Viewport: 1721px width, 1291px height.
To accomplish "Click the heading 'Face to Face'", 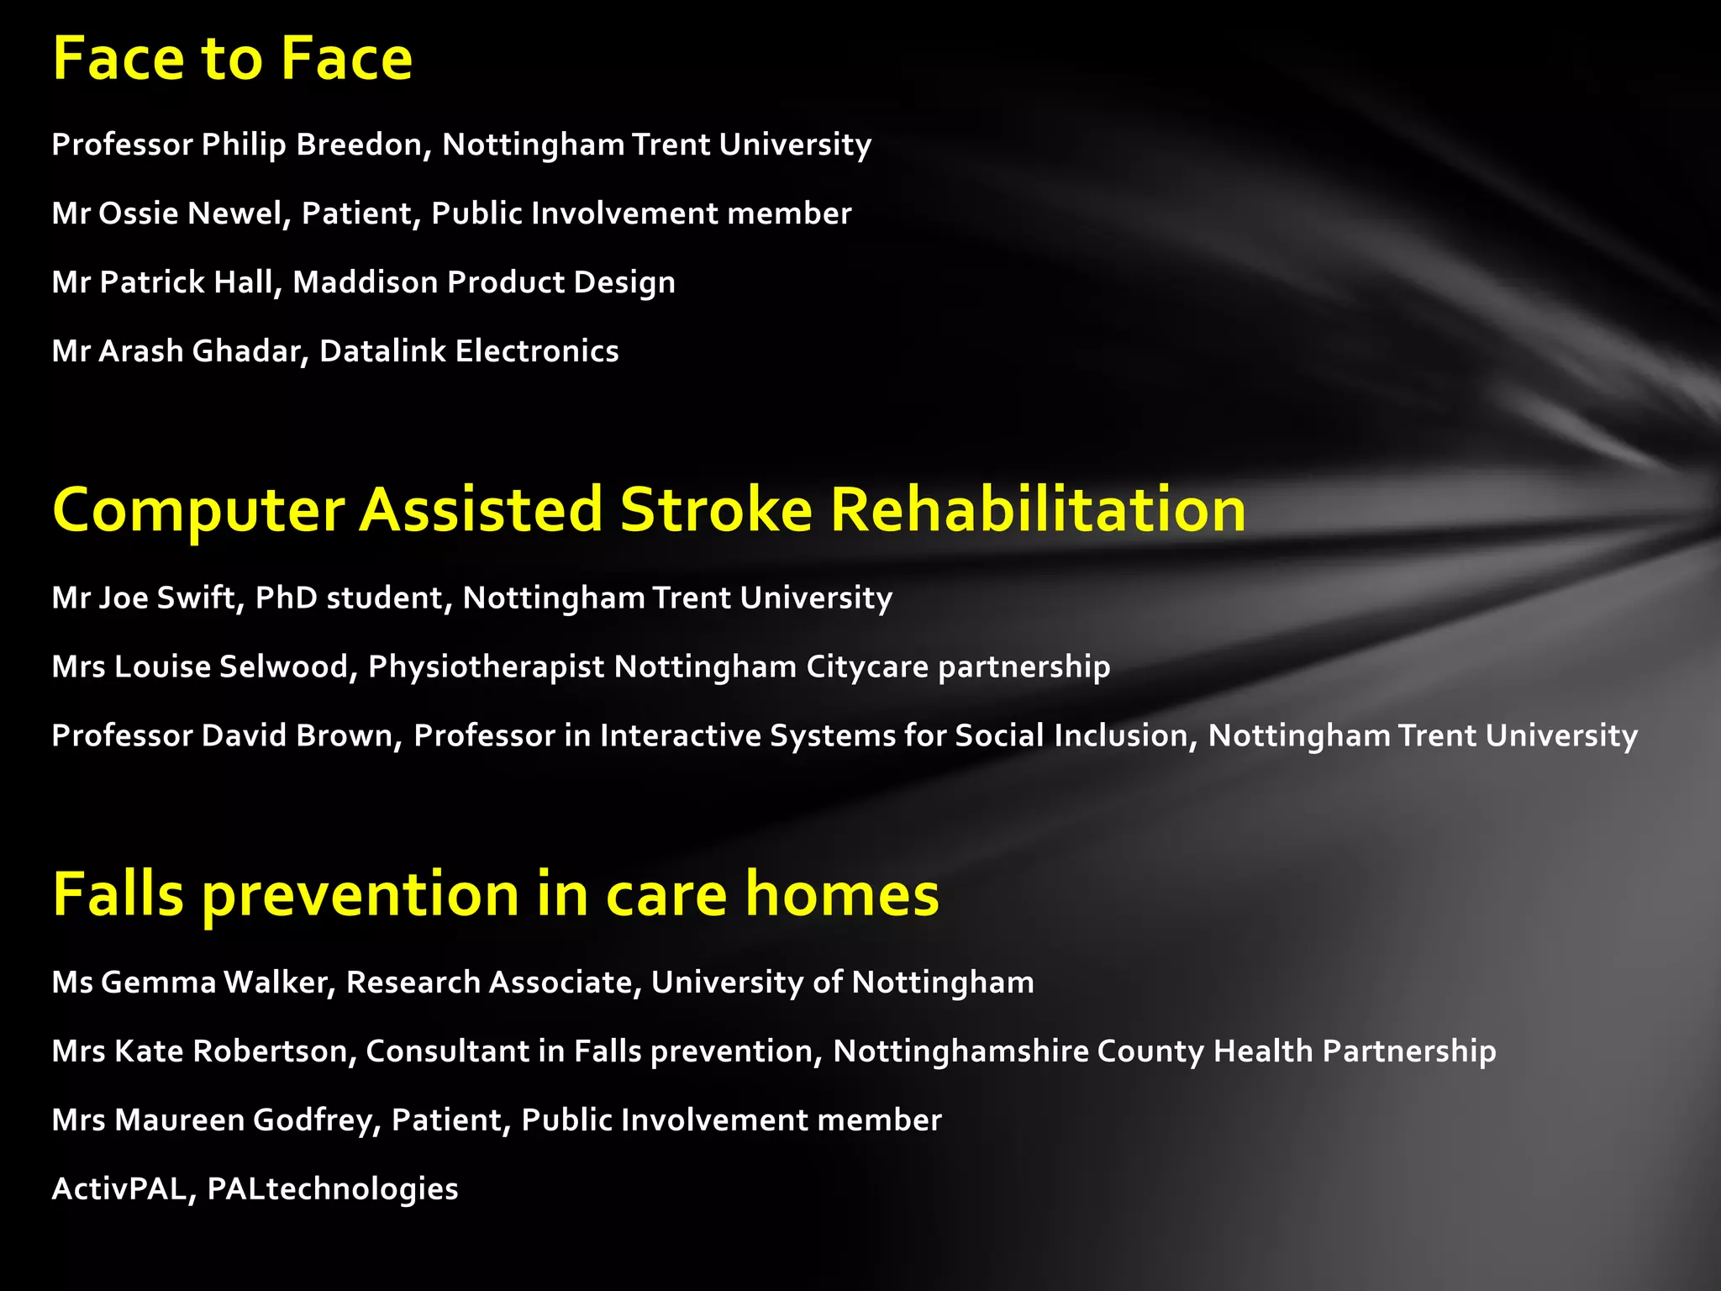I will coord(232,59).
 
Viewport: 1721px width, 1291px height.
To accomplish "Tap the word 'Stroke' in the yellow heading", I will coord(716,510).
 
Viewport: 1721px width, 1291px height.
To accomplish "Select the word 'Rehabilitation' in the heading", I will coord(1038,510).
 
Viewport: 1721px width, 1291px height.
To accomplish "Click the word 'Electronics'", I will coord(537,351).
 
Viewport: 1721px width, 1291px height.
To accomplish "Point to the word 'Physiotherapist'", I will coord(487,667).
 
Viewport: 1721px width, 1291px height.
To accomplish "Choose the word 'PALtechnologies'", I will coord(333,1189).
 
